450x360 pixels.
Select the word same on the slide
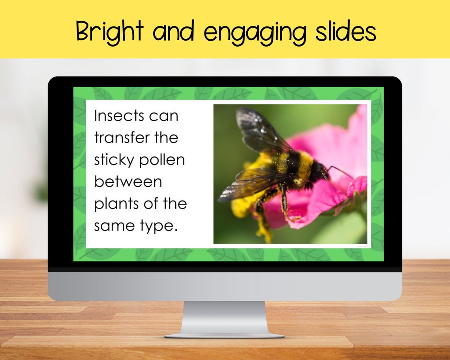(x=112, y=226)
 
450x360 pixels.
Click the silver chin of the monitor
(x=225, y=286)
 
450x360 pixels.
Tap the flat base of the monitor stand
(x=224, y=336)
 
